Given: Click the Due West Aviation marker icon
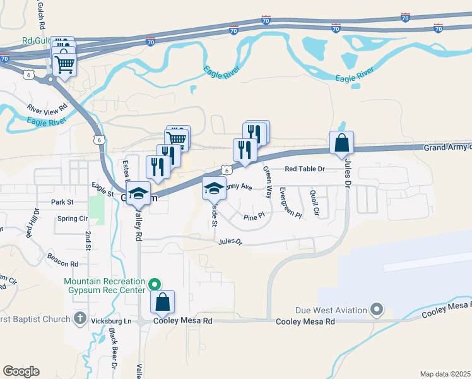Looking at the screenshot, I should [377, 310].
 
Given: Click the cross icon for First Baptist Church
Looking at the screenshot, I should [80, 318].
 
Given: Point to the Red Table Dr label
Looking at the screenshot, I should [304, 169].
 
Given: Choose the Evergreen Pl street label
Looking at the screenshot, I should [290, 203].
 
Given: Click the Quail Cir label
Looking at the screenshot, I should [315, 203].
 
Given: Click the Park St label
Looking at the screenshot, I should [62, 203].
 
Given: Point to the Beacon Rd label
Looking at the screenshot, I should [62, 260].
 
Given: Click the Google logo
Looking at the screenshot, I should [21, 371].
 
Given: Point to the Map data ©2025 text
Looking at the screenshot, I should [444, 374].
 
